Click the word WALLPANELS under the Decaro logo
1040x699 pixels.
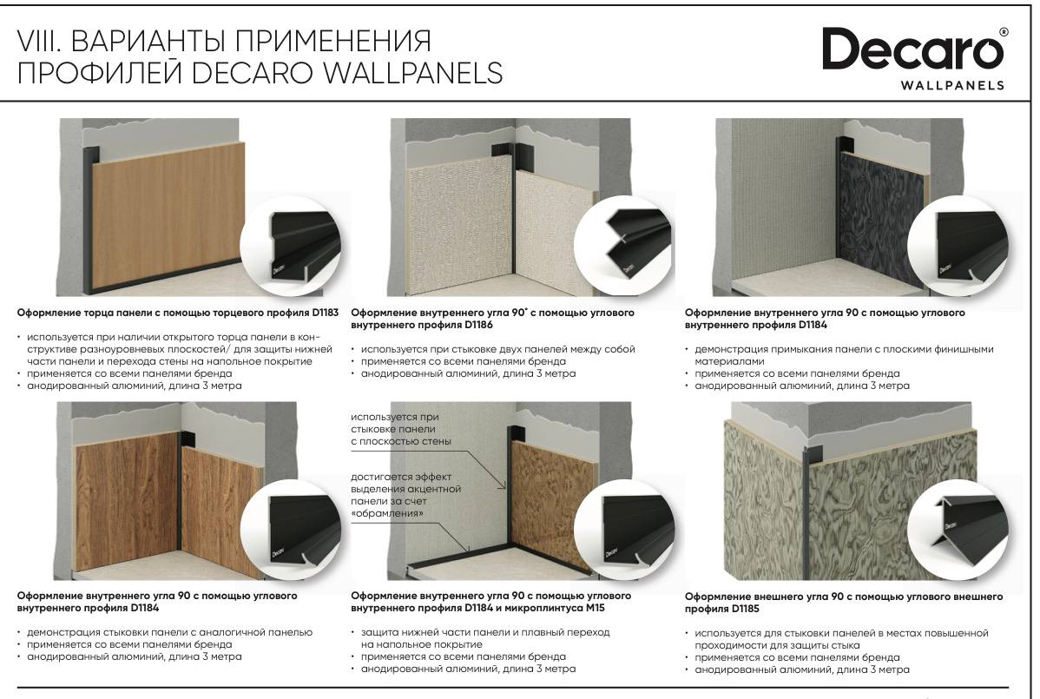(952, 85)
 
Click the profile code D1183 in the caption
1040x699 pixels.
(325, 313)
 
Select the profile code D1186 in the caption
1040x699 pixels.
(479, 325)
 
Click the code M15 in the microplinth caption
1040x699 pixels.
(594, 608)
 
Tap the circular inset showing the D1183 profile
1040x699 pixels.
(291, 247)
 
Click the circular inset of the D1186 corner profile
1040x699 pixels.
(624, 247)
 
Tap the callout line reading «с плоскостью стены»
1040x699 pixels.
(400, 441)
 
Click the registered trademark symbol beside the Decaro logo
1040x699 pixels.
(1004, 32)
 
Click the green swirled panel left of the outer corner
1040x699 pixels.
(764, 503)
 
